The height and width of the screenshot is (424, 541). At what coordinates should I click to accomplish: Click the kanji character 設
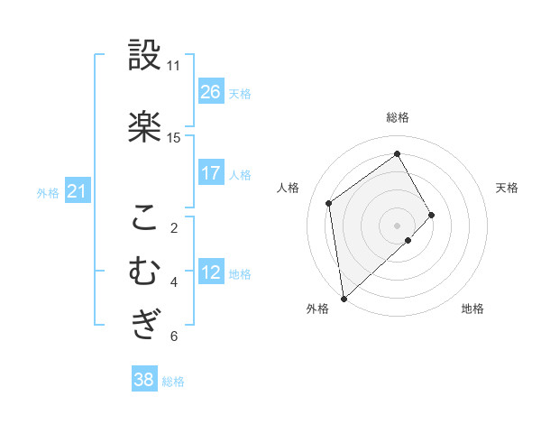[x=144, y=55]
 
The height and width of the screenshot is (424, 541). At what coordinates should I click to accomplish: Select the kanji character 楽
[x=144, y=127]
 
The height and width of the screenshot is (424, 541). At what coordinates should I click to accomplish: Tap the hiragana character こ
[x=144, y=217]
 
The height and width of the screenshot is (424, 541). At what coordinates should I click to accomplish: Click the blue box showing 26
[x=211, y=92]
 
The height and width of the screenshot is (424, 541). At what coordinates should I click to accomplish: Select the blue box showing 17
[x=211, y=173]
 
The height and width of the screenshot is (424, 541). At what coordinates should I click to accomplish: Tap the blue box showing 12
[x=211, y=272]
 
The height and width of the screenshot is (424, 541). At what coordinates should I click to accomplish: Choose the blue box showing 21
[x=77, y=191]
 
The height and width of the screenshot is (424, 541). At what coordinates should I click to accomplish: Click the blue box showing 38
[x=144, y=381]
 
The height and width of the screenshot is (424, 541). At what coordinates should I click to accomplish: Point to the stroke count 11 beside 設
[x=173, y=66]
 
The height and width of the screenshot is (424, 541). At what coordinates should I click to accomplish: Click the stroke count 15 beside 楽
[x=173, y=138]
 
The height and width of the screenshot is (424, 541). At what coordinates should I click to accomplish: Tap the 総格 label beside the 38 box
[x=173, y=382]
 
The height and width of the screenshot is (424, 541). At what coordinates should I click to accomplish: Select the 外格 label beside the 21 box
[x=48, y=192]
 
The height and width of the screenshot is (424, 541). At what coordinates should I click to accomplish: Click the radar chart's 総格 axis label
[x=398, y=117]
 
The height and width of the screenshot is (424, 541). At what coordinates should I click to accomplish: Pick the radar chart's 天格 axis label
[x=507, y=188]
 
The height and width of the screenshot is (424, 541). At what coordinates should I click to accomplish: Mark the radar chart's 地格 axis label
[x=472, y=309]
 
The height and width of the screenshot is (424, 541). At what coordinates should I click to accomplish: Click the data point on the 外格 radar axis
[x=343, y=298]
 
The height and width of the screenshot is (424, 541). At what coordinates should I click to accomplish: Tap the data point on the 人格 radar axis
[x=329, y=203]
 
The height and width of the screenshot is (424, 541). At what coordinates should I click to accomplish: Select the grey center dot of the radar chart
[x=397, y=225]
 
